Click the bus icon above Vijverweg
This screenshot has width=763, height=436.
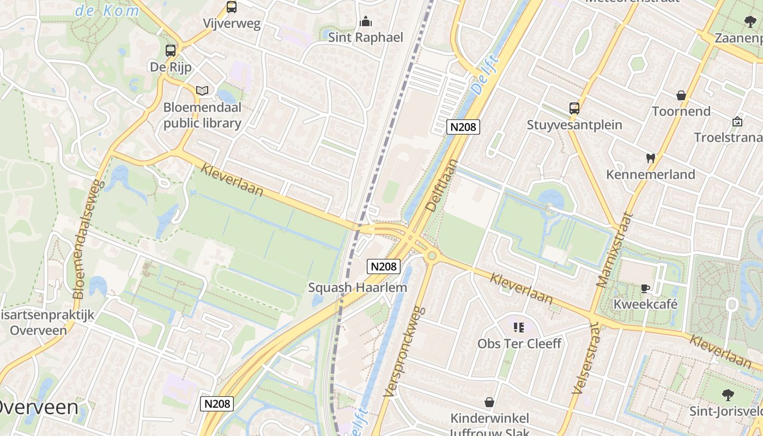(x=232, y=7)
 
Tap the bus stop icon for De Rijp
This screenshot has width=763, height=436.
(x=171, y=51)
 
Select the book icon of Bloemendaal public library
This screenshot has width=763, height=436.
(x=202, y=90)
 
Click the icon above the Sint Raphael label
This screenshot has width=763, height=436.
(x=366, y=22)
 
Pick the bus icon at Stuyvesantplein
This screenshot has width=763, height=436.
(x=574, y=108)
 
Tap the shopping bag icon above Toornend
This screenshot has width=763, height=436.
(x=681, y=96)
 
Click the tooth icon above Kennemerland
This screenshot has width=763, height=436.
(x=650, y=159)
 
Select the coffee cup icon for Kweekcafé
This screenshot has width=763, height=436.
(x=645, y=288)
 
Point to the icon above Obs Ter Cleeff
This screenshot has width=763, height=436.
(x=519, y=328)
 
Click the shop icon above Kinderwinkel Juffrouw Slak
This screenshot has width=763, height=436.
(x=489, y=403)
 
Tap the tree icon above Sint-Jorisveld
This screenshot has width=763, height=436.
(x=727, y=395)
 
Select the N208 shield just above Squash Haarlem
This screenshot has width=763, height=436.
(x=384, y=267)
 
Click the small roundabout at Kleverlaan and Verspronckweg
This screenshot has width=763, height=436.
(x=432, y=255)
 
